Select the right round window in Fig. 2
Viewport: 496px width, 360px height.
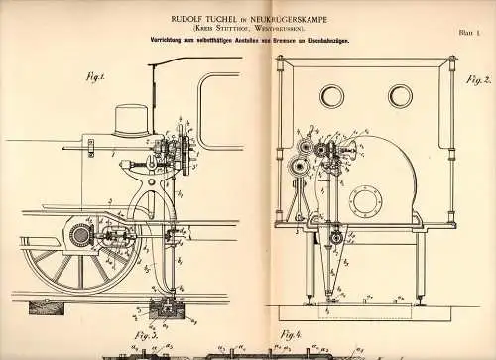coord(400,95)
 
